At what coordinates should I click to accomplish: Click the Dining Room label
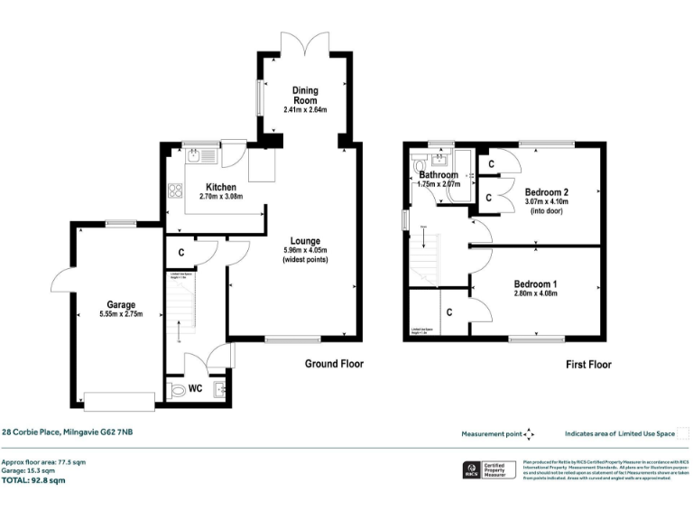point(304,95)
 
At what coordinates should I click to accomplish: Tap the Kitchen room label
point(220,187)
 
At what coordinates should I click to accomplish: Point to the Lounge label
point(304,241)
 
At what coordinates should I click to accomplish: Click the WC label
point(194,390)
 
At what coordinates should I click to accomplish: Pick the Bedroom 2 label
point(547,191)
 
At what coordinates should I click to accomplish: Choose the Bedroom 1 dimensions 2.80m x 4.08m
point(535,293)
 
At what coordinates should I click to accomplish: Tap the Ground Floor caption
point(333,365)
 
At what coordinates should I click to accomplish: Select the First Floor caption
point(588,365)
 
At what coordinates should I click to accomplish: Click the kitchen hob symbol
point(173,191)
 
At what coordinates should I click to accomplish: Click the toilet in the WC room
point(175,390)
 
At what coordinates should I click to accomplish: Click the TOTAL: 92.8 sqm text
point(33,480)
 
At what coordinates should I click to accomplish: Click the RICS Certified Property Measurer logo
point(488,470)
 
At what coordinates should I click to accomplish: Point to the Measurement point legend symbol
point(529,433)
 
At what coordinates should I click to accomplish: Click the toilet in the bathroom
point(418,166)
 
